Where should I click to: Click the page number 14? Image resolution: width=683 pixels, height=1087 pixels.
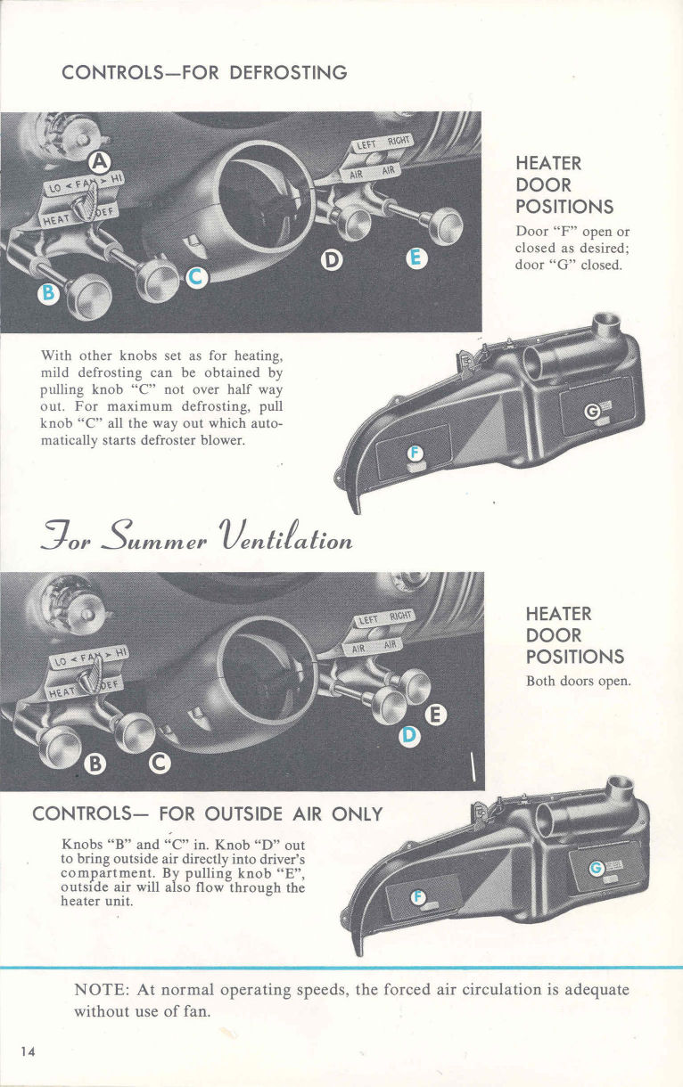click(28, 1051)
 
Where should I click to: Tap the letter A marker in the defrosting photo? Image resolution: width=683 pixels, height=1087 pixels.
click(101, 161)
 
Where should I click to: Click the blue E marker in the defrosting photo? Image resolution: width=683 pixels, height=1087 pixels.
click(415, 259)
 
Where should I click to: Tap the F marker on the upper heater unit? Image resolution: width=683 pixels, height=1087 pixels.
click(413, 454)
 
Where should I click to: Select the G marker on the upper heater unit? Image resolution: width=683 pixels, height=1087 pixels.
click(590, 410)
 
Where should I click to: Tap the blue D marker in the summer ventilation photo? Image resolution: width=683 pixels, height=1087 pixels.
click(408, 735)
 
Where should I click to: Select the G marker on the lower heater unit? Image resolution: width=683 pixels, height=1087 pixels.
click(597, 868)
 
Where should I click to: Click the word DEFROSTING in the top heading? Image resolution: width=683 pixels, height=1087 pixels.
click(287, 73)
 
